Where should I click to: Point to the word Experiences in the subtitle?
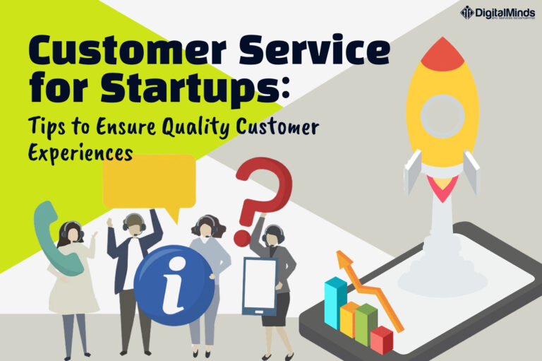point(80,153)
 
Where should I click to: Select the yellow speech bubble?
point(149,181)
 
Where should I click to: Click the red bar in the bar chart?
point(381,340)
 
